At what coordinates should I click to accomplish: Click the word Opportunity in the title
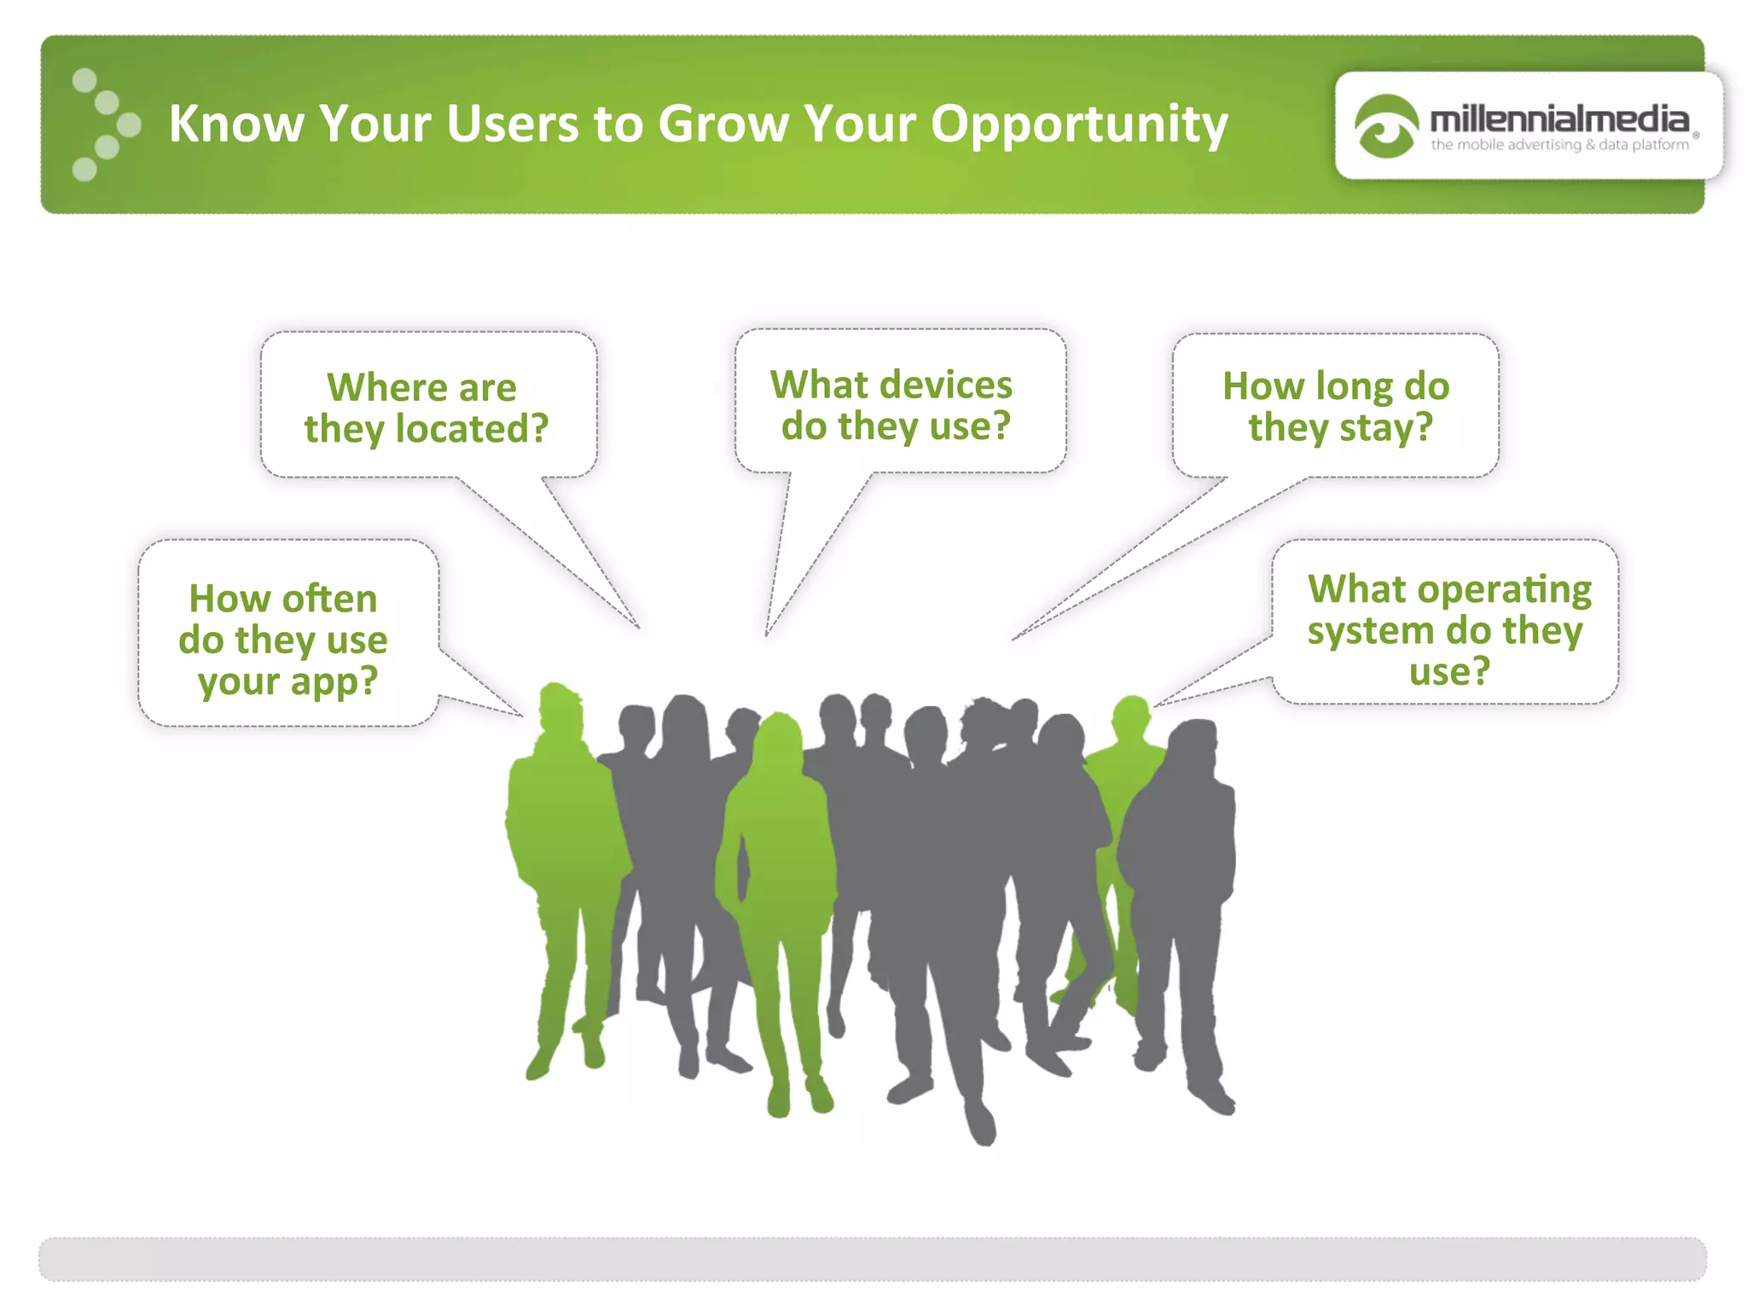click(x=1078, y=125)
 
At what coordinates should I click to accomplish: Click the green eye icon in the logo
click(x=1385, y=126)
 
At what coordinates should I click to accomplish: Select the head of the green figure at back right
click(x=1131, y=717)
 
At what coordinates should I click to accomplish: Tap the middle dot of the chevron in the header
click(x=129, y=125)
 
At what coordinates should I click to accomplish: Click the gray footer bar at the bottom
click(x=872, y=1259)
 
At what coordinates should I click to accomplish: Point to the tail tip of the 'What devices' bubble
click(x=767, y=634)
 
